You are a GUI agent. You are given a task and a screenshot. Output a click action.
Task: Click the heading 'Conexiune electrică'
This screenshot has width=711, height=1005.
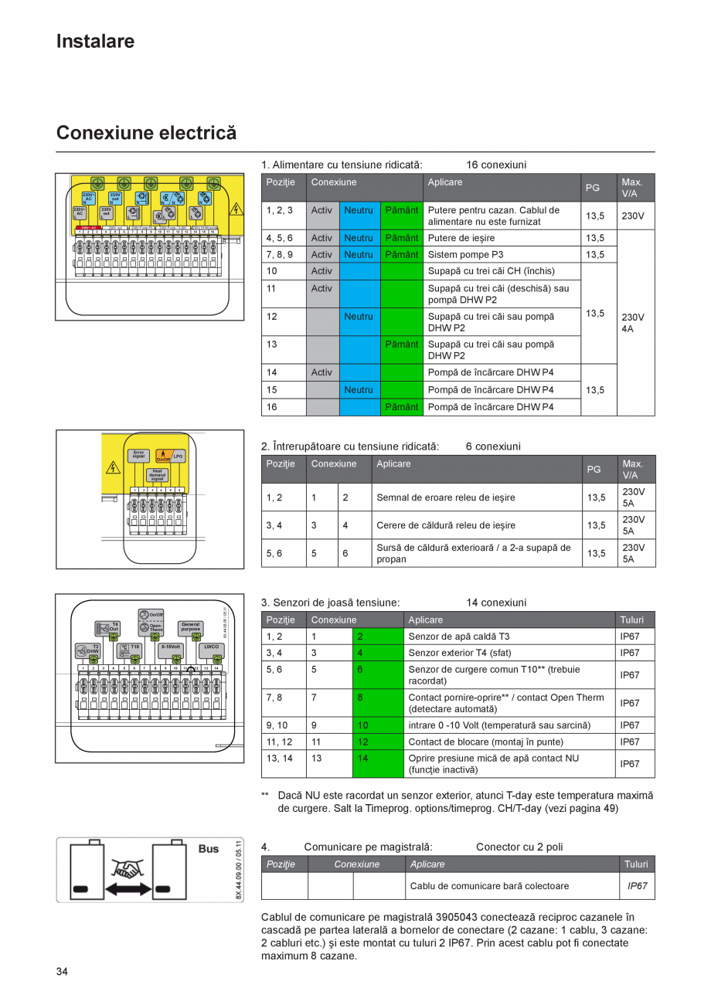click(x=146, y=133)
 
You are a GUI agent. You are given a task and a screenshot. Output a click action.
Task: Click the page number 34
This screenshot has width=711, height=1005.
click(x=62, y=971)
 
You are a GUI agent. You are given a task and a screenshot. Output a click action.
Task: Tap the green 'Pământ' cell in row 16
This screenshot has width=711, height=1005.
click(x=401, y=407)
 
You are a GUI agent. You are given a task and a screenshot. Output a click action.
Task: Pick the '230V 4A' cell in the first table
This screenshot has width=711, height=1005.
click(x=635, y=322)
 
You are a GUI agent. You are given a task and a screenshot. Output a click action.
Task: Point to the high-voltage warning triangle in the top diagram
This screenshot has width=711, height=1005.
click(x=236, y=209)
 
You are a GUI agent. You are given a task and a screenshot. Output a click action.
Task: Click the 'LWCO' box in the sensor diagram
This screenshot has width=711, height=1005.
click(x=212, y=647)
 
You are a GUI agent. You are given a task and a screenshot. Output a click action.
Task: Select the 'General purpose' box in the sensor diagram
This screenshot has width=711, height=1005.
click(x=190, y=626)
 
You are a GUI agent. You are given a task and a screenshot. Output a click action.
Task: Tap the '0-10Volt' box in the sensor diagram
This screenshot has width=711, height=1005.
click(x=171, y=647)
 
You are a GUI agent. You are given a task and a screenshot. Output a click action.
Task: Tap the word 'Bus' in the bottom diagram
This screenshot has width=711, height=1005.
click(x=209, y=848)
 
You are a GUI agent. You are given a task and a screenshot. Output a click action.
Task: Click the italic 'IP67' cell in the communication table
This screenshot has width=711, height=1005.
click(x=637, y=886)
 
